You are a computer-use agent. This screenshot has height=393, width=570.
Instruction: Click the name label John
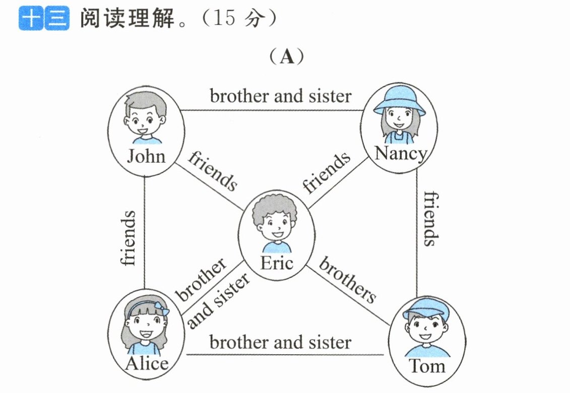(146, 156)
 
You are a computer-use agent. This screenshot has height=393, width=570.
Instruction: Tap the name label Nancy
(401, 154)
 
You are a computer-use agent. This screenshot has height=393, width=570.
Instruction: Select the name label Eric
(277, 263)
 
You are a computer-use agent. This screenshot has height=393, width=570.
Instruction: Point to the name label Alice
(147, 363)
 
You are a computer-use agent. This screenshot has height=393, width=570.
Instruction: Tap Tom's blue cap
(425, 308)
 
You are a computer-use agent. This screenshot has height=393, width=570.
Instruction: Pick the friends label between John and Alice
(128, 238)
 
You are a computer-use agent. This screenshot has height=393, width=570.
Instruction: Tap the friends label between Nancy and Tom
(431, 219)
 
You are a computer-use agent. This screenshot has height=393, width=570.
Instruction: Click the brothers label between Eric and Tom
(348, 280)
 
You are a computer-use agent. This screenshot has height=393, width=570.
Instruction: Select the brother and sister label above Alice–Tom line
(280, 343)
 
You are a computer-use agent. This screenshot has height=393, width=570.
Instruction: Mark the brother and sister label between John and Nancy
(281, 96)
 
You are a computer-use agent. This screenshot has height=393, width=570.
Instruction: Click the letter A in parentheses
(287, 57)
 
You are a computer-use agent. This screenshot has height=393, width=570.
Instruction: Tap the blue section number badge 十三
(44, 18)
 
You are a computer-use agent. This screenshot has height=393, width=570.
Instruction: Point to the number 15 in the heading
(224, 18)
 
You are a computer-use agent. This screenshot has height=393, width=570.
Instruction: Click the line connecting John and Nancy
(272, 110)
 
